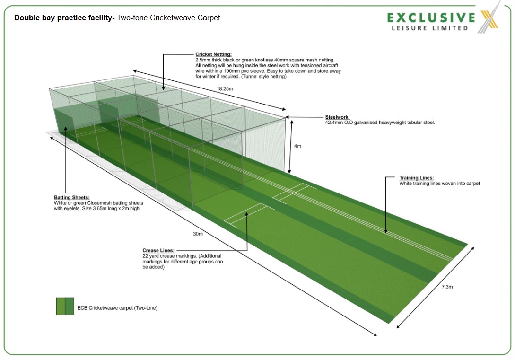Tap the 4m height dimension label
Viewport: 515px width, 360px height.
coord(297,146)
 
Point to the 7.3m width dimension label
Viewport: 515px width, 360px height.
coord(447,287)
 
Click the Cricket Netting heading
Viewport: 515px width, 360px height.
coord(213,54)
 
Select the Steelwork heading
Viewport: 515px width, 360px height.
coord(339,117)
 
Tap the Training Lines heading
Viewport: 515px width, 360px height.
coord(416,178)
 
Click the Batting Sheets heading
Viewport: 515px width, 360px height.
coord(71,197)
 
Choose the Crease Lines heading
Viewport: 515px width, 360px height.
coord(158,250)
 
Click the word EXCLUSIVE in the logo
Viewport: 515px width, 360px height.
coord(431,18)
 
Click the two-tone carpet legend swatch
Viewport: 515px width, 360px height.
coord(65,306)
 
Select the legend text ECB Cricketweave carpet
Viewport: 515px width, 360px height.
coord(117,308)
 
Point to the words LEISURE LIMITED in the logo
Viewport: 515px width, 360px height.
coord(429,28)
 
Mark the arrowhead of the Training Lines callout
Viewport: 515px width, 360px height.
coord(386,232)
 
